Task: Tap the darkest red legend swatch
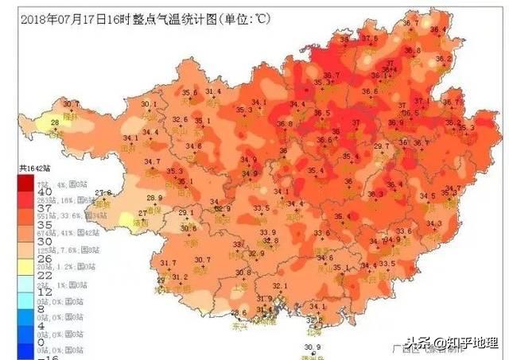tap(25, 181)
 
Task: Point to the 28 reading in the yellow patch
tap(54, 122)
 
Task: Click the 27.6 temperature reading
tap(103, 193)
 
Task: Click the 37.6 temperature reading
tap(369, 38)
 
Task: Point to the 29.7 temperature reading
tap(382, 147)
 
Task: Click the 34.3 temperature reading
tap(433, 223)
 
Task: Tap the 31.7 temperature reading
tap(168, 263)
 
